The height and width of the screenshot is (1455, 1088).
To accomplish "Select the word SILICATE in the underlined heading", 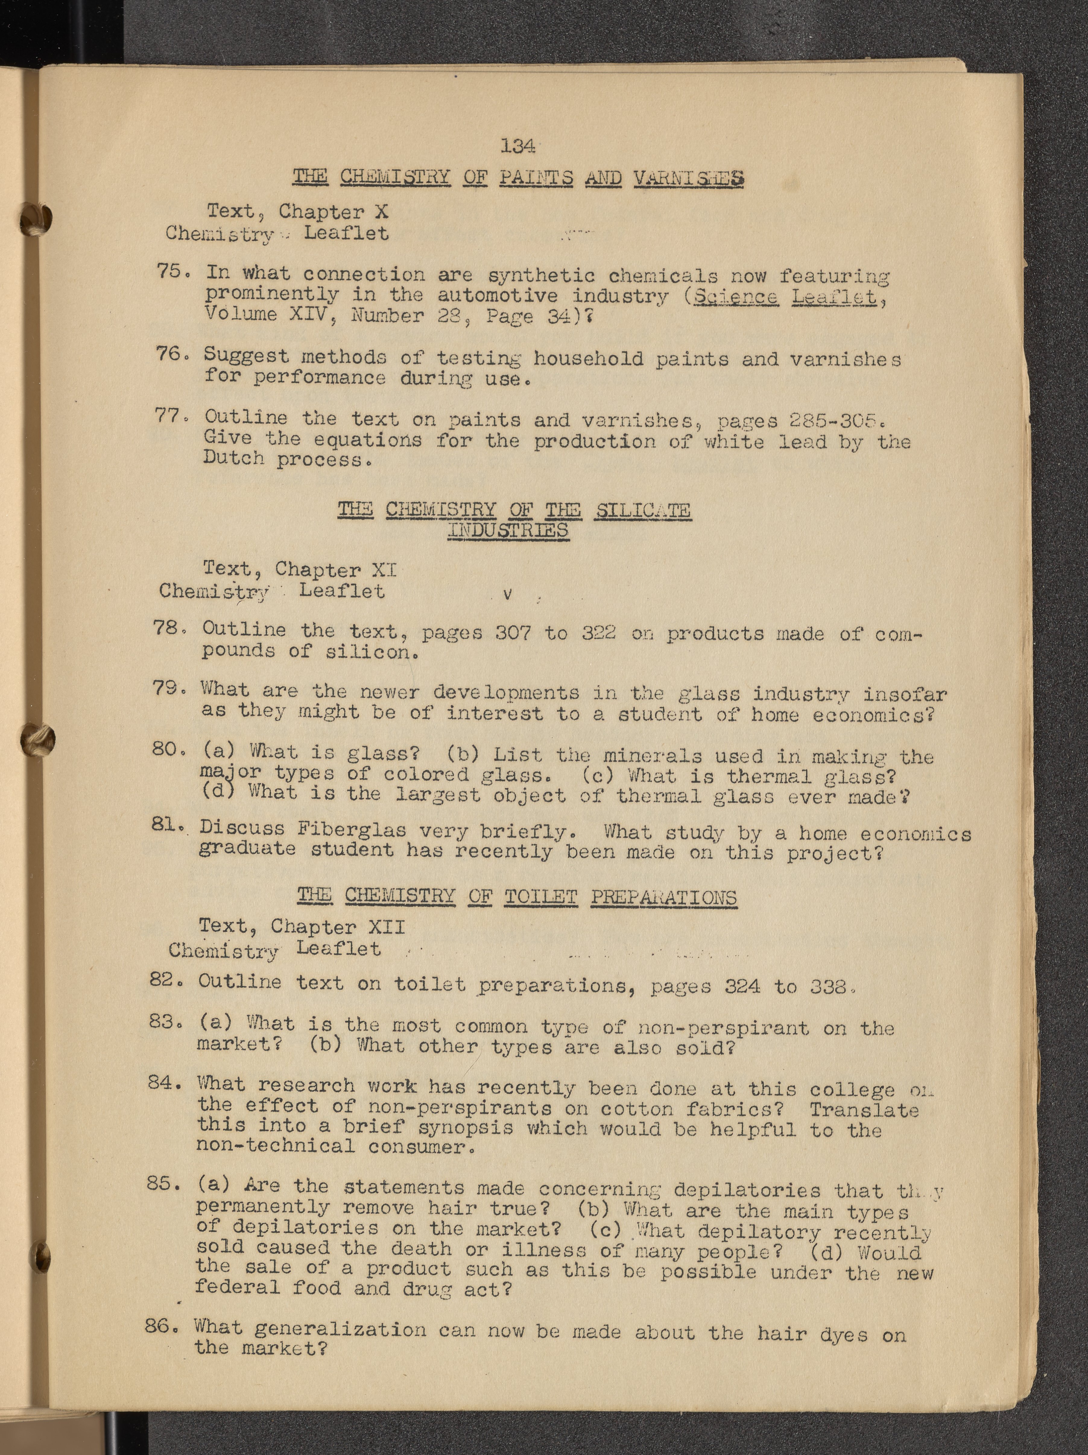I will click(x=643, y=510).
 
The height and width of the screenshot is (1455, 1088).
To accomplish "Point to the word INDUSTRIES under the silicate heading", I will click(x=508, y=530).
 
